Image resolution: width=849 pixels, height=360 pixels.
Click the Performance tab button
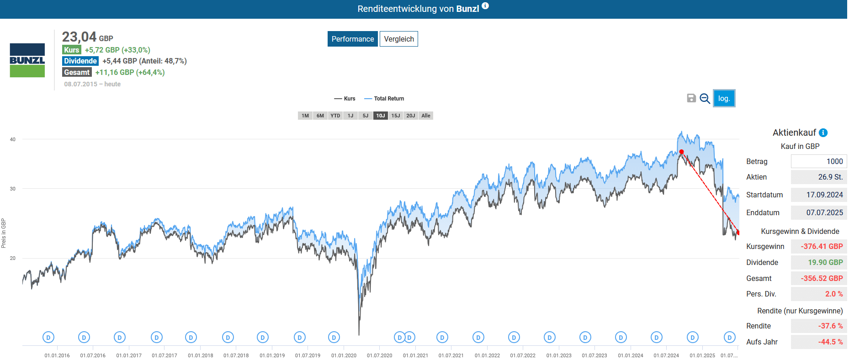(352, 39)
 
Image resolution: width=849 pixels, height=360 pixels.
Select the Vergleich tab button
(398, 39)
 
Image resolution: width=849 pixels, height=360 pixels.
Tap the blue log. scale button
(724, 98)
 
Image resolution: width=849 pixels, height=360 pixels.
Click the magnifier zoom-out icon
(705, 98)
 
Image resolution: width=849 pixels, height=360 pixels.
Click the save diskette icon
(691, 98)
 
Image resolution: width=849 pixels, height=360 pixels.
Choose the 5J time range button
(365, 116)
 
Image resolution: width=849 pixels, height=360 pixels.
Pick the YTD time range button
(335, 116)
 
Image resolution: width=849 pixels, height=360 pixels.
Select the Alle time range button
(425, 116)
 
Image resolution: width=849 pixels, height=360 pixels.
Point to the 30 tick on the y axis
(13, 189)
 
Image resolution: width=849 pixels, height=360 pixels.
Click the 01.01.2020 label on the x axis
(344, 355)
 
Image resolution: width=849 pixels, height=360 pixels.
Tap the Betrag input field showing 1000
(818, 161)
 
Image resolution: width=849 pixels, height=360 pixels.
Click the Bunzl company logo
(27, 60)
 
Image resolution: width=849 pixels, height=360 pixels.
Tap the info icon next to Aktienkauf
(823, 132)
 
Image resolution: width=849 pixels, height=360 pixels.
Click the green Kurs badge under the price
(72, 50)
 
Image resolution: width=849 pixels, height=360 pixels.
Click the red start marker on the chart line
(681, 152)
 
